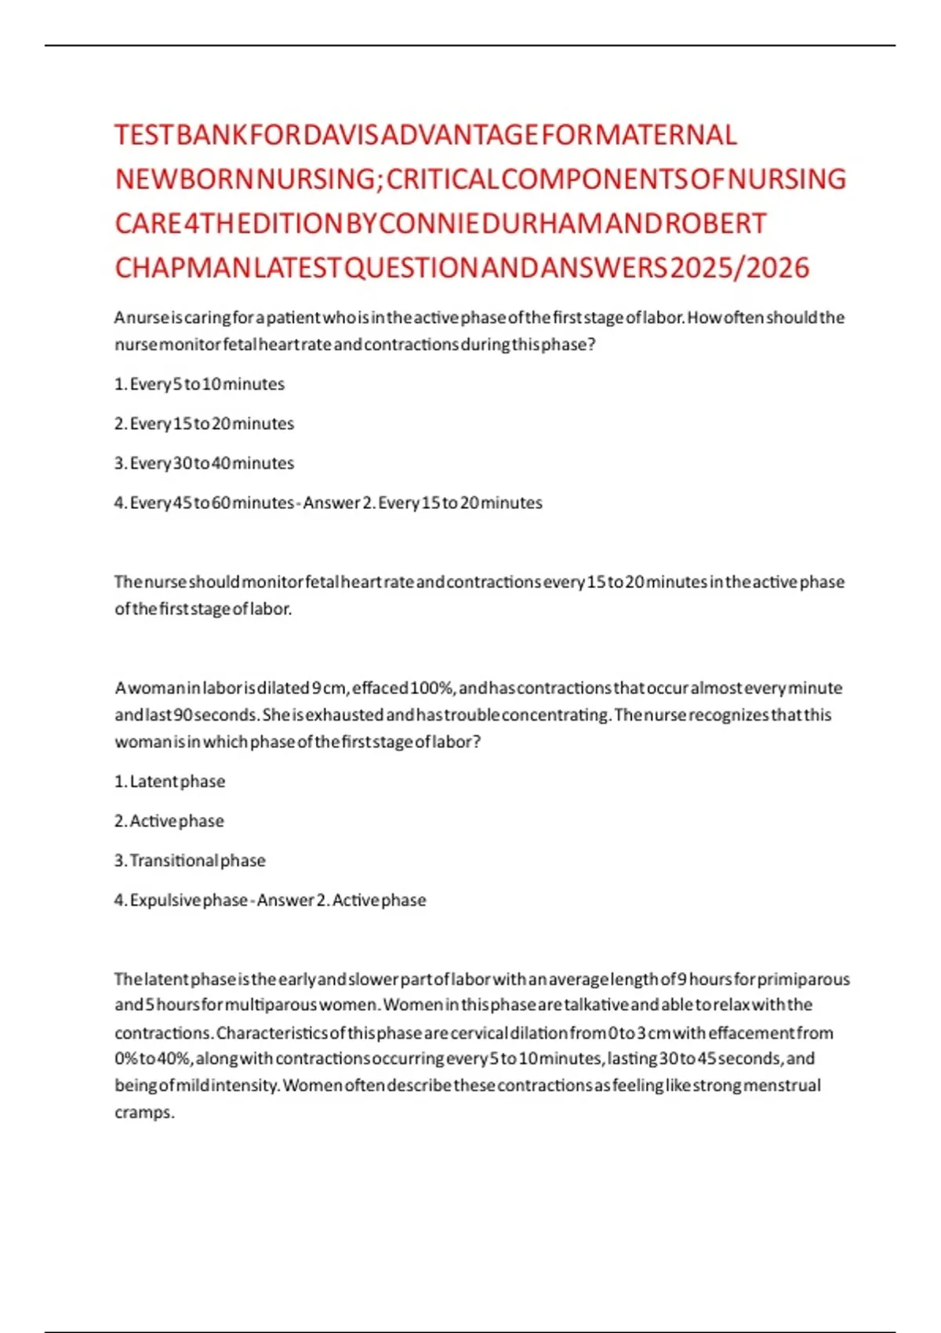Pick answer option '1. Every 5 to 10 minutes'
pyautogui.click(x=199, y=384)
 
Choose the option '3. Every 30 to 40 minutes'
pyautogui.click(x=204, y=463)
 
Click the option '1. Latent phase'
pyautogui.click(x=169, y=782)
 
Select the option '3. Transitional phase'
pyautogui.click(x=190, y=861)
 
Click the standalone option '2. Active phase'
pyautogui.click(x=169, y=821)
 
